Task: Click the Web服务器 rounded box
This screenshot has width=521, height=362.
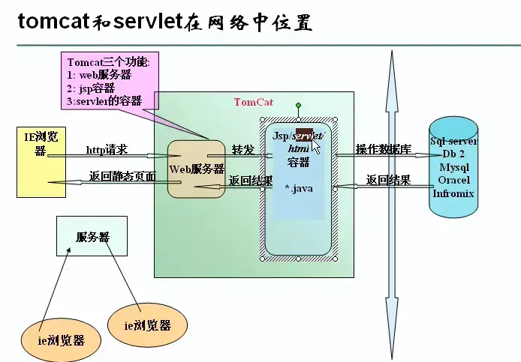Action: point(197,169)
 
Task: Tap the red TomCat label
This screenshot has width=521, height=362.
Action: point(254,102)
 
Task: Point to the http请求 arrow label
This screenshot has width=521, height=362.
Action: point(107,150)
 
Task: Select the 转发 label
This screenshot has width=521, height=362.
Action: point(242,149)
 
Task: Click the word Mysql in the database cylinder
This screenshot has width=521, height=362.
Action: point(454,167)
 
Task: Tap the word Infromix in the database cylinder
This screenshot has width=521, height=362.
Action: point(454,193)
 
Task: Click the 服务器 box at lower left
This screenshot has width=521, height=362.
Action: point(92,236)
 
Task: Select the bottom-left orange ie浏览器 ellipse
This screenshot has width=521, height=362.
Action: point(61,340)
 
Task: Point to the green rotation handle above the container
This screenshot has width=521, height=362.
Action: point(298,106)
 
